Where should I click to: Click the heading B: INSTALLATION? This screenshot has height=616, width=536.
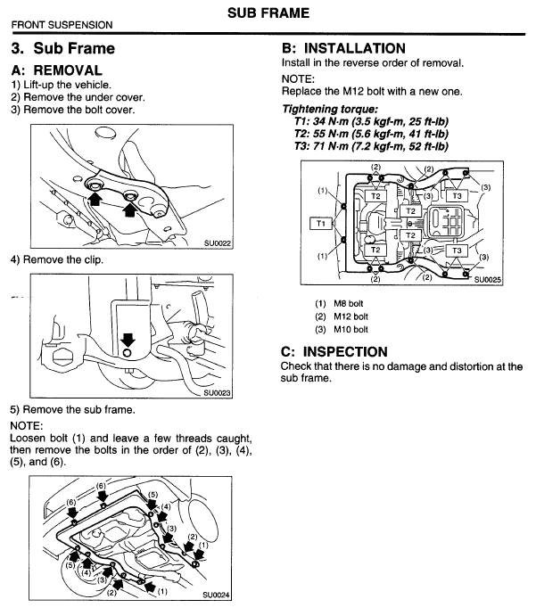(x=343, y=48)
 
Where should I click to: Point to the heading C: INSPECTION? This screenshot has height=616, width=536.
(x=334, y=352)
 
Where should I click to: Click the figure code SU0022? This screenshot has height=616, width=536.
(x=218, y=242)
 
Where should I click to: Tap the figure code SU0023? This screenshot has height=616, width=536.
(x=217, y=390)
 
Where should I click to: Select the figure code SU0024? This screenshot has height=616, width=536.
(x=217, y=594)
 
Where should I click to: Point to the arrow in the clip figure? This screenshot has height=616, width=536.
(x=128, y=340)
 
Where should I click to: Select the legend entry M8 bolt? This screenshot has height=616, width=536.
(x=336, y=302)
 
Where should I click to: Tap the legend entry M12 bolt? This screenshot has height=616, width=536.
(x=339, y=316)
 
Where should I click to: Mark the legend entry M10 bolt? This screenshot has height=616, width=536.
(x=339, y=329)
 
